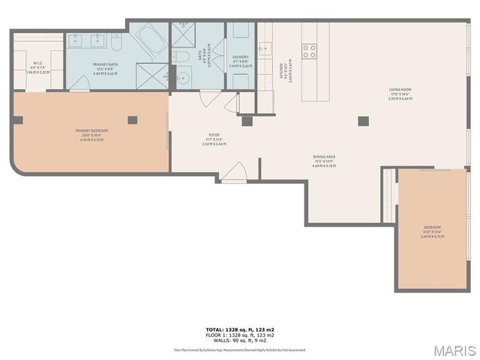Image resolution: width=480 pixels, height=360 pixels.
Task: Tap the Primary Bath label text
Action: pyautogui.click(x=105, y=67)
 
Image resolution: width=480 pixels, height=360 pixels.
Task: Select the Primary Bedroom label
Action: pyautogui.click(x=90, y=133)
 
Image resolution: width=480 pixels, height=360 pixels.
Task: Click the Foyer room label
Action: pyautogui.click(x=214, y=138)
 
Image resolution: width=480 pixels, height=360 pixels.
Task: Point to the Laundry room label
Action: pyautogui.click(x=241, y=59)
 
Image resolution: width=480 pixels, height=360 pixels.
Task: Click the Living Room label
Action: pyautogui.click(x=400, y=91)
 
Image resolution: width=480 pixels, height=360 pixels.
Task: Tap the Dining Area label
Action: pyautogui.click(x=324, y=159)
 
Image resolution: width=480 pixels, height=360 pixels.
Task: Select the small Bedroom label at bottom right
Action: pyautogui.click(x=432, y=229)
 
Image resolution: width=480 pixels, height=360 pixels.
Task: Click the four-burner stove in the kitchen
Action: pyautogui.click(x=309, y=51)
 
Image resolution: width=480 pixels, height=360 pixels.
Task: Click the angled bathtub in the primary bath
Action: pyautogui.click(x=152, y=37)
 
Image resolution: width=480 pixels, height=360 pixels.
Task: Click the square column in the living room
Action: pyautogui.click(x=363, y=120)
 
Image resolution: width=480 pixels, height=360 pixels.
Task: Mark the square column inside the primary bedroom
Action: pyautogui.click(x=133, y=119)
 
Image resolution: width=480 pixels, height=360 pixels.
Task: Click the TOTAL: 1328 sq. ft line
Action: pyautogui.click(x=240, y=329)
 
